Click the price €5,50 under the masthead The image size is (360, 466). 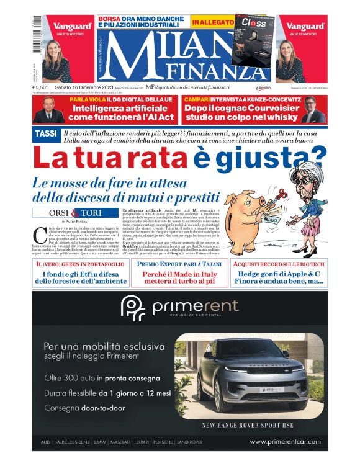(x=41, y=88)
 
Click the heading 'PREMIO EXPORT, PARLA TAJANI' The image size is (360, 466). (x=179, y=264)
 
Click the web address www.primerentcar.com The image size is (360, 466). (x=285, y=442)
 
